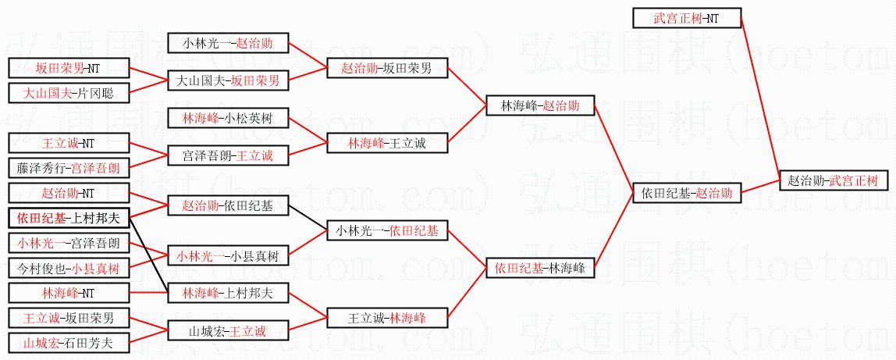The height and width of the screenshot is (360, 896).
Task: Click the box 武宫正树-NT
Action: tap(685, 17)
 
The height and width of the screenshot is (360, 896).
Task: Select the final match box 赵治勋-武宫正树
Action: tap(833, 180)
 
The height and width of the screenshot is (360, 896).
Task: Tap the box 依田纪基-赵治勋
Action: tap(686, 192)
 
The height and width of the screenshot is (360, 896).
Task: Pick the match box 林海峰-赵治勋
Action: tap(539, 105)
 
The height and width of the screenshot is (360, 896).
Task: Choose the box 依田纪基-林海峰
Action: tap(539, 268)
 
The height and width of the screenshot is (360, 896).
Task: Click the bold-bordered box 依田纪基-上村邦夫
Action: tap(69, 217)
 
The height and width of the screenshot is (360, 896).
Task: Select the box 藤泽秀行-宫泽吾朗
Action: tap(69, 167)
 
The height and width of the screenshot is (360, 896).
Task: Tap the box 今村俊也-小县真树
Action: tap(69, 268)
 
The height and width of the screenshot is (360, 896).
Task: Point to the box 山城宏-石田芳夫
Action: tap(69, 342)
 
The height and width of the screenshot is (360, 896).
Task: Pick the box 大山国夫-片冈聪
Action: tap(69, 93)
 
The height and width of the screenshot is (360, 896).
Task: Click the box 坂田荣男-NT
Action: tap(69, 68)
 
